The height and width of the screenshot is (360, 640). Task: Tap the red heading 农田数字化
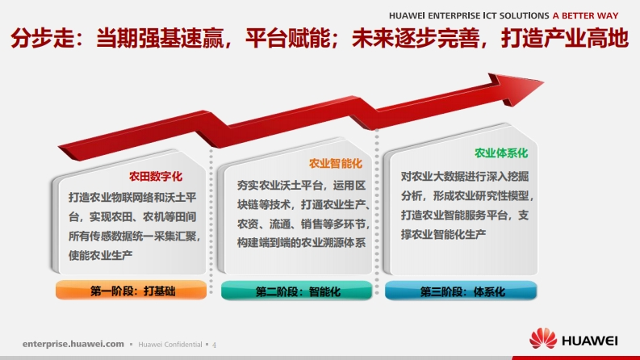(156, 176)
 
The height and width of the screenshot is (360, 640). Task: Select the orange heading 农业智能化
(336, 164)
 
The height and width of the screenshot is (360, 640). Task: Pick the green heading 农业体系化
(501, 153)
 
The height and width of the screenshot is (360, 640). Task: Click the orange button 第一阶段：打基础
(132, 291)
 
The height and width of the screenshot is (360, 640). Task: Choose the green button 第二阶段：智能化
(297, 291)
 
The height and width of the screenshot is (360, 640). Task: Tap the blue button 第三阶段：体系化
(461, 291)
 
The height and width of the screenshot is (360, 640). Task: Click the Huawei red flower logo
(543, 338)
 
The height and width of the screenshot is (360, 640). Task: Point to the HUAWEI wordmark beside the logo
(590, 341)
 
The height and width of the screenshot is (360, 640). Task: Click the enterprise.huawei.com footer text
(73, 344)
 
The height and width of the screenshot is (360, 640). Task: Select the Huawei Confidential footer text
(170, 345)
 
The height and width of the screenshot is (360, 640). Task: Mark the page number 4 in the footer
(215, 345)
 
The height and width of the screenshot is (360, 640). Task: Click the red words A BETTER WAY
(585, 15)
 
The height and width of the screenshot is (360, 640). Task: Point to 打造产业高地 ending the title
(564, 38)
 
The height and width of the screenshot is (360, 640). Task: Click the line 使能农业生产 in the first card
(100, 255)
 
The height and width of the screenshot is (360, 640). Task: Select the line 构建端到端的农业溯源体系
(301, 243)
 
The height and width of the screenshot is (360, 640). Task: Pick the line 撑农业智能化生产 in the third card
(443, 234)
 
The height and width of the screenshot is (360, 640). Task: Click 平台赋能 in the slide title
(288, 38)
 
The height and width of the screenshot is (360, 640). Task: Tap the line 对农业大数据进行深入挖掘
(465, 176)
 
